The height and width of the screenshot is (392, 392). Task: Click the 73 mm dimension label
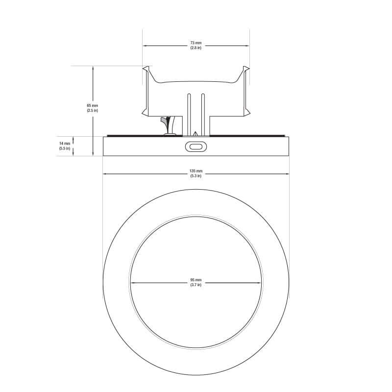click(x=196, y=43)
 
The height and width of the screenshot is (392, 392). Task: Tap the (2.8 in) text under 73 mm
click(x=196, y=48)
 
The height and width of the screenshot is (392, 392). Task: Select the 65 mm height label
click(x=92, y=105)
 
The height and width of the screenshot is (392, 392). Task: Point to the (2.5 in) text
click(x=92, y=110)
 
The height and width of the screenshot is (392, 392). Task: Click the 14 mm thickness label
click(x=65, y=144)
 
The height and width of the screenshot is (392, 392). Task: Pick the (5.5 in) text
click(x=65, y=148)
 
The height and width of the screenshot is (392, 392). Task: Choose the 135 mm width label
click(x=196, y=171)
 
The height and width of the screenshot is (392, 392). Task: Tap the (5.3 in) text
click(x=196, y=175)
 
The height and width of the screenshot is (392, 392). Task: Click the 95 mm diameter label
click(x=196, y=280)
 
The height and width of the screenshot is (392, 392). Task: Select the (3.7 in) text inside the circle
click(x=196, y=285)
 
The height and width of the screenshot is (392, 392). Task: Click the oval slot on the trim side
click(x=196, y=146)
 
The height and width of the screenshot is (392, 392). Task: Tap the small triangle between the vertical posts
click(x=196, y=133)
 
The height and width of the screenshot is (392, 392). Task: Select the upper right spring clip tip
click(x=247, y=68)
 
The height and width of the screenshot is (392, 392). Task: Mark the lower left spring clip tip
click(x=144, y=114)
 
